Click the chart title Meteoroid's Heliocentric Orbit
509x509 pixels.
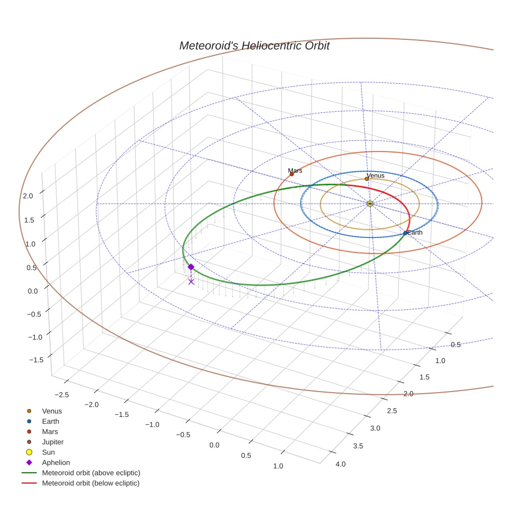(254, 46)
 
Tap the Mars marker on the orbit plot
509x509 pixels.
(292, 174)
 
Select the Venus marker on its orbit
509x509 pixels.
(367, 179)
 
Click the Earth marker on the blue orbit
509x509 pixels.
(405, 233)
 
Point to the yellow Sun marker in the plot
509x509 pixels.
(370, 204)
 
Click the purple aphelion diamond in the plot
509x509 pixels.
(191, 267)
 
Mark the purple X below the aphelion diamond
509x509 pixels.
(191, 281)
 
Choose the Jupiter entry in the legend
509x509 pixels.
(53, 442)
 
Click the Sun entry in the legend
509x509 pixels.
(48, 452)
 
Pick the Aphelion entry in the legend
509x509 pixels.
(56, 462)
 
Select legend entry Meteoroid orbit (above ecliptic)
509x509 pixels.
(91, 473)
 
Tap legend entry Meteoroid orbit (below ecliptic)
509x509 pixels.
(91, 483)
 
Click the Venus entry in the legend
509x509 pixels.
(52, 411)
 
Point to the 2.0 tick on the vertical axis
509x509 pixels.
(28, 196)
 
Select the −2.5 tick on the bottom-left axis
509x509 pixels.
(62, 395)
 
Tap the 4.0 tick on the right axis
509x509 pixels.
(340, 464)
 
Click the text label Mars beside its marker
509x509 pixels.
(295, 170)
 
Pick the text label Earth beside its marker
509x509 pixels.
(415, 233)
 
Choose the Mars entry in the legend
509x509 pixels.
(50, 431)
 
